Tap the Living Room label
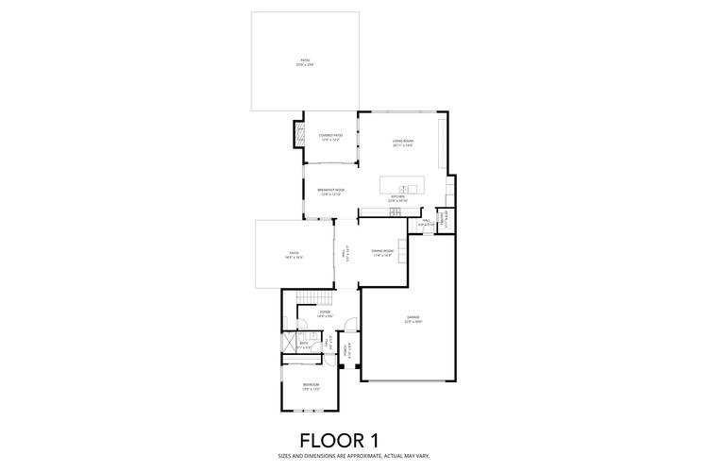403,143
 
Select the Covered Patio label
330,137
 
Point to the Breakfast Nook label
330,192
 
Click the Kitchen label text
397,198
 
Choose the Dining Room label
382,253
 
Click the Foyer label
325,313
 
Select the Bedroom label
311,386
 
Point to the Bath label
304,346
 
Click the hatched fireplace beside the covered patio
299,136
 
